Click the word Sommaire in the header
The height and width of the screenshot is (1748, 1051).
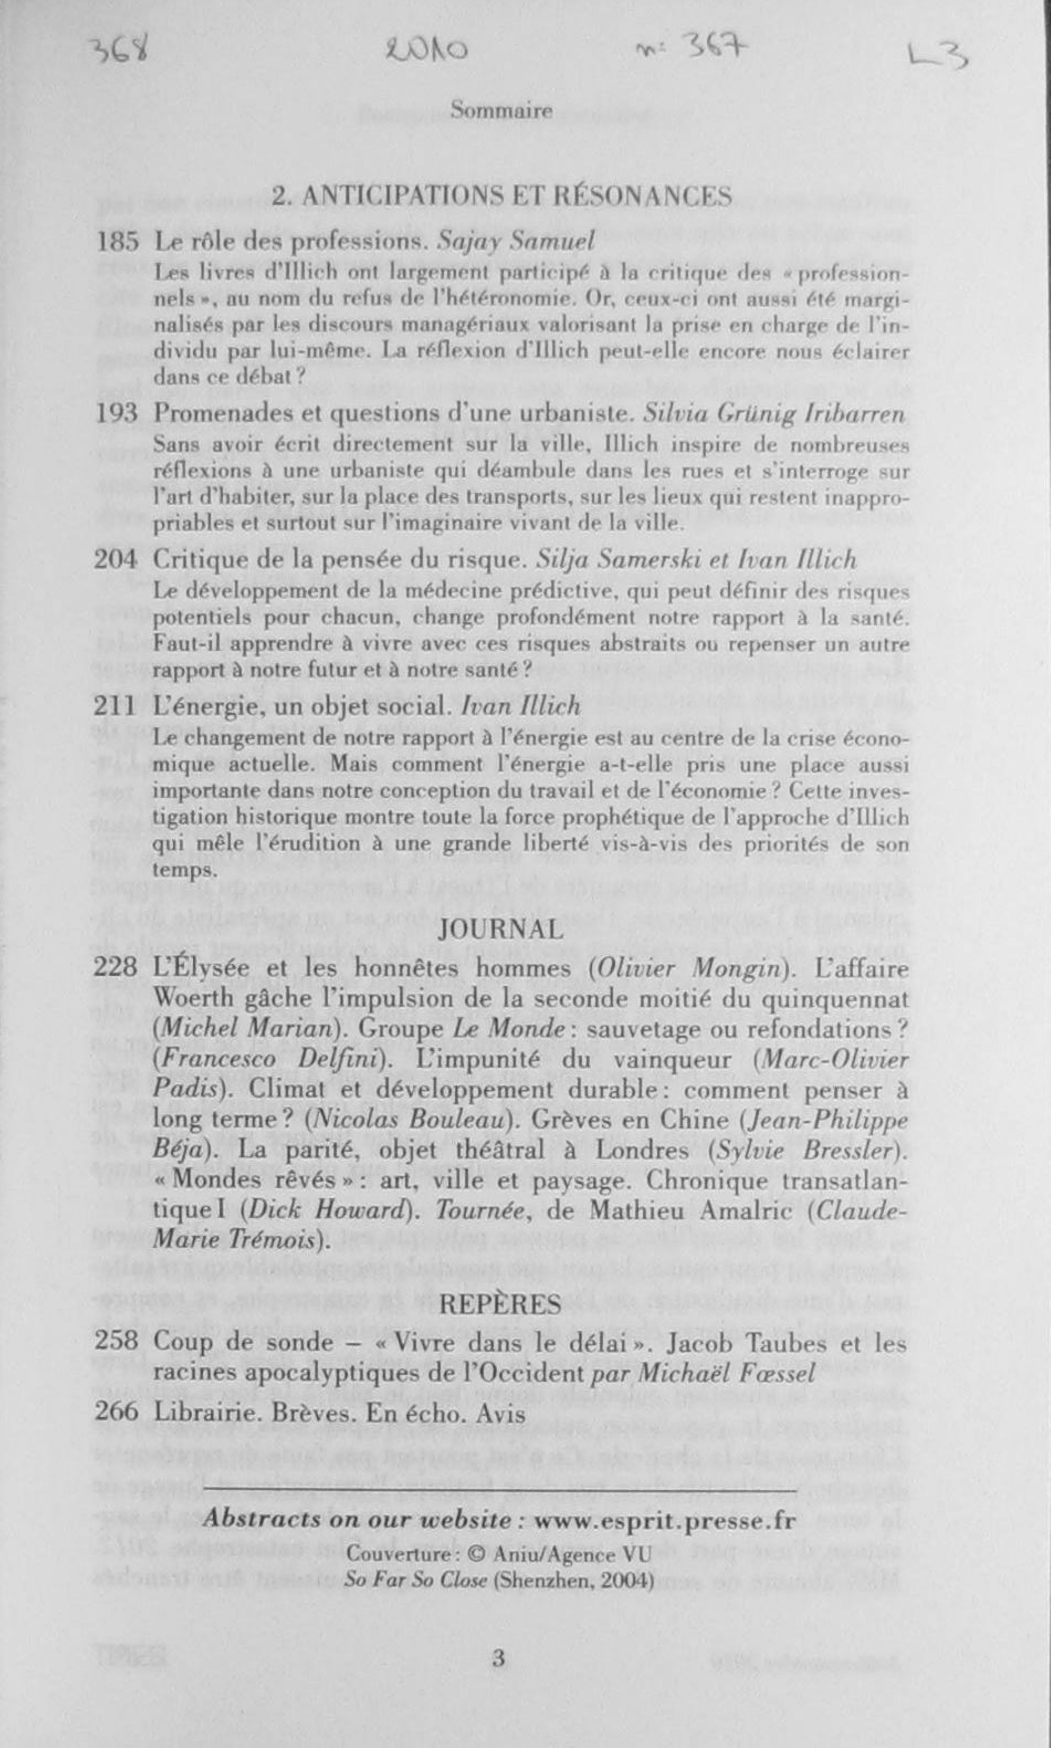pos(502,111)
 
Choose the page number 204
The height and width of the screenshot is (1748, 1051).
pos(116,560)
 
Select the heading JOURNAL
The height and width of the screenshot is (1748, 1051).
pos(502,928)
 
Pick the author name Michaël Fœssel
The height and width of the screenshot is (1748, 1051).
pos(727,1373)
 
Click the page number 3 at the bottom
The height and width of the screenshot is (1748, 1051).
pos(499,1659)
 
